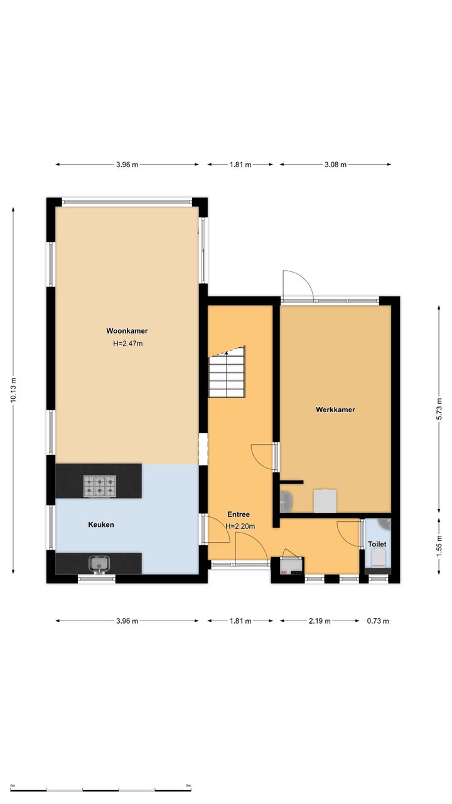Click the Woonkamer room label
click(127, 331)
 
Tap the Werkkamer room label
click(335, 410)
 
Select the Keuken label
click(101, 524)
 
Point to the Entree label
click(239, 514)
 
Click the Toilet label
click(377, 544)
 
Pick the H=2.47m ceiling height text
click(128, 344)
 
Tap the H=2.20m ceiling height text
click(240, 526)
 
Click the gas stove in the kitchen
click(100, 486)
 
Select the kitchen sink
click(99, 564)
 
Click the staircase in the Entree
click(227, 372)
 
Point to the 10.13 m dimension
click(13, 390)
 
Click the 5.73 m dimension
click(439, 409)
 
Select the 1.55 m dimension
click(439, 546)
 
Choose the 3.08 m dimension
click(336, 165)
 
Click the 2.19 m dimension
click(320, 621)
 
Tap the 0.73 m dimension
click(378, 621)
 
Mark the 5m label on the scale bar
click(188, 786)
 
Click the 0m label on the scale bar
click(13, 786)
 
